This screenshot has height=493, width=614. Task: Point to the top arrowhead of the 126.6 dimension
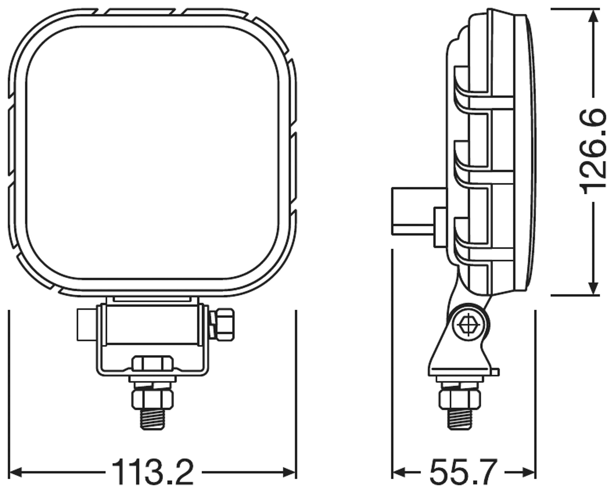pos(594,16)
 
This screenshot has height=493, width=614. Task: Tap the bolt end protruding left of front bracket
pos(86,325)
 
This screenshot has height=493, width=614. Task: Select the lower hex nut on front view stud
pos(153,400)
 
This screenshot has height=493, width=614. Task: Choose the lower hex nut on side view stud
pos(460,400)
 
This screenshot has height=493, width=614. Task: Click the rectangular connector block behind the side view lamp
pos(413,211)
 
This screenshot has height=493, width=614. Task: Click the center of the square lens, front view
pos(153,152)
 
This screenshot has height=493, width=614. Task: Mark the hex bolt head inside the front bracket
pos(153,363)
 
